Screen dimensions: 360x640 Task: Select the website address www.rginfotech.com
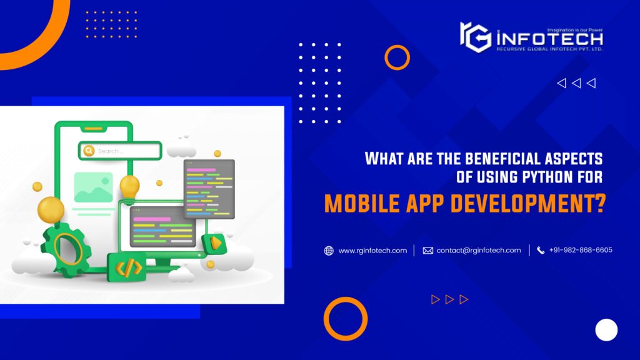(x=372, y=251)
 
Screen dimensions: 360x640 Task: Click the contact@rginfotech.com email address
(x=478, y=251)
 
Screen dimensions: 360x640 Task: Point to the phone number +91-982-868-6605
(x=581, y=250)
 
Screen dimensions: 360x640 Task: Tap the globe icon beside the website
(x=329, y=251)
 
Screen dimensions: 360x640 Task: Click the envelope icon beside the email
(x=428, y=251)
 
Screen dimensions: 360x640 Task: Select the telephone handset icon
(x=541, y=251)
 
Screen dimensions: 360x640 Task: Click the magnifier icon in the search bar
(x=89, y=151)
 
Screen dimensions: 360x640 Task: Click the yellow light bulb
(x=129, y=187)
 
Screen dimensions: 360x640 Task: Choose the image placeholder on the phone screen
(x=93, y=187)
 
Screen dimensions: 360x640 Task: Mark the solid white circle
(x=606, y=329)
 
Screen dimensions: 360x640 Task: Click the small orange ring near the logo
(x=397, y=57)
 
